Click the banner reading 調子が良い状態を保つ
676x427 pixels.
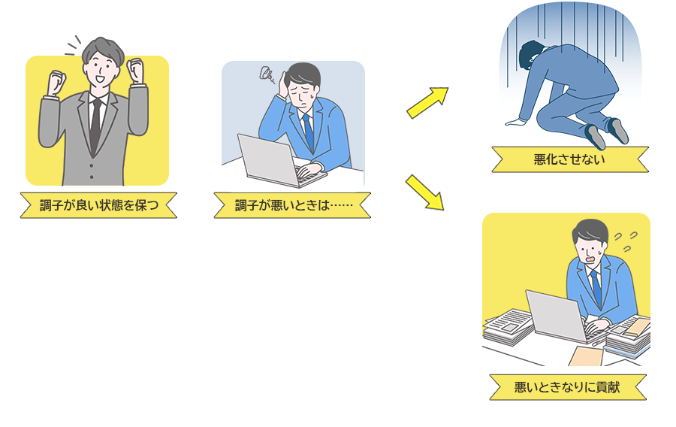click(x=98, y=205)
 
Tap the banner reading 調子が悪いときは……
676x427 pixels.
click(x=292, y=205)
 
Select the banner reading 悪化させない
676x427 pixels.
click(x=569, y=159)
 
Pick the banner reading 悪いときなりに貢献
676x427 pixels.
click(x=567, y=387)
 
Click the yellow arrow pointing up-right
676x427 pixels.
click(x=427, y=102)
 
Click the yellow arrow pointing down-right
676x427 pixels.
click(x=424, y=192)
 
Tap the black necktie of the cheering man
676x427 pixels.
click(x=95, y=128)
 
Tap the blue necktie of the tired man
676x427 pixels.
click(x=307, y=131)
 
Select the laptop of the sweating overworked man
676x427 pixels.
click(x=555, y=316)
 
